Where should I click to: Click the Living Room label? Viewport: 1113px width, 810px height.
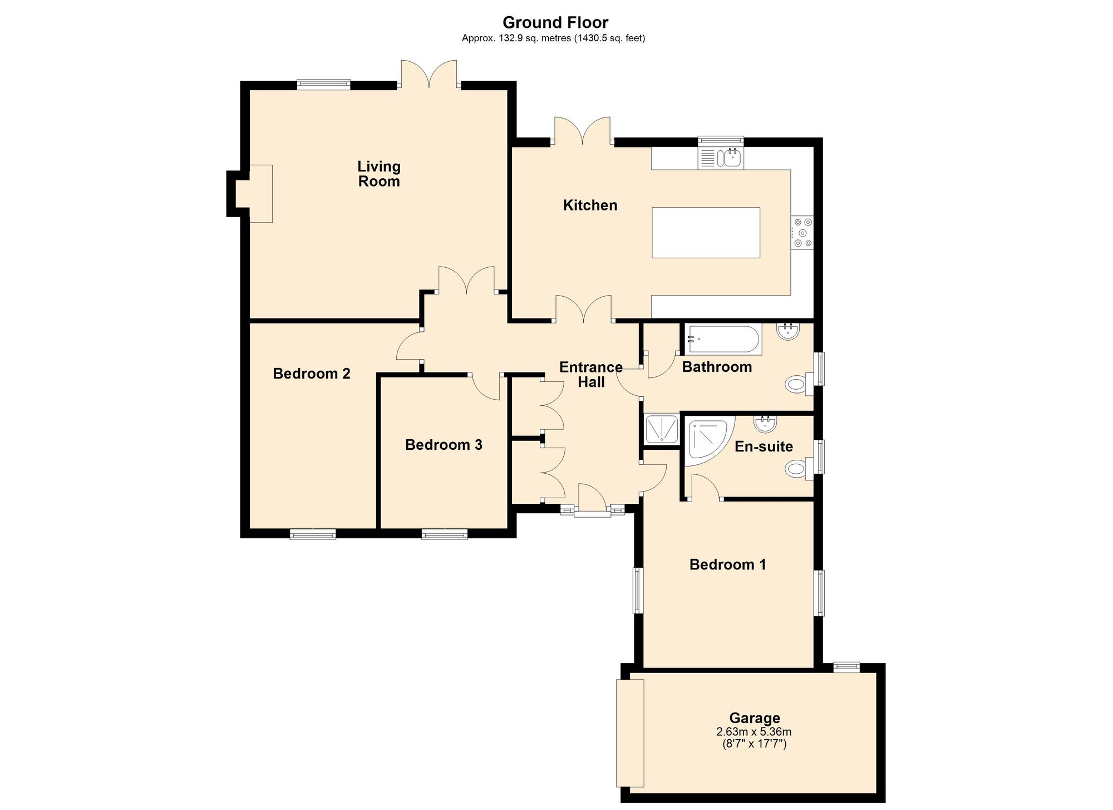(x=379, y=174)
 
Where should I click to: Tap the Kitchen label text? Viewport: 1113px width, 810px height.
(x=590, y=205)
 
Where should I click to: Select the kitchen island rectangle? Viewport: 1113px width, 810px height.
(x=706, y=233)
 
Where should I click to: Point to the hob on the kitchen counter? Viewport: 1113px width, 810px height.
(x=802, y=232)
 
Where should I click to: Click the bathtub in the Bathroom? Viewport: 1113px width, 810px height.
(x=722, y=339)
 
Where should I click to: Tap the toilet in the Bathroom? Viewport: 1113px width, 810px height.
(x=800, y=384)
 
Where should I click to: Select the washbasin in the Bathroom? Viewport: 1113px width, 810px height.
(x=789, y=332)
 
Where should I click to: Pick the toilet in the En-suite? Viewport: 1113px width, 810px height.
(x=800, y=469)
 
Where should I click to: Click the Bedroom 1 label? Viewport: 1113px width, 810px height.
(x=727, y=564)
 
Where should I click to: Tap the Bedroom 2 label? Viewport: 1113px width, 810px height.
(x=312, y=374)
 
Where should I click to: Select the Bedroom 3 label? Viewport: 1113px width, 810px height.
(x=444, y=445)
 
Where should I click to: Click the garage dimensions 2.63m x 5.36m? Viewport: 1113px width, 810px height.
(x=754, y=732)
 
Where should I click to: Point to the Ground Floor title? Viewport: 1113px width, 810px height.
(x=555, y=22)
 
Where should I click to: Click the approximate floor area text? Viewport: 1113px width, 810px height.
(x=554, y=38)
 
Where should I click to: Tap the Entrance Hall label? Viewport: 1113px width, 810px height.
(x=591, y=375)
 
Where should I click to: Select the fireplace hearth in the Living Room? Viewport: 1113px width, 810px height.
(x=260, y=194)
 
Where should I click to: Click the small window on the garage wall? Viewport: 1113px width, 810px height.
(x=846, y=667)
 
